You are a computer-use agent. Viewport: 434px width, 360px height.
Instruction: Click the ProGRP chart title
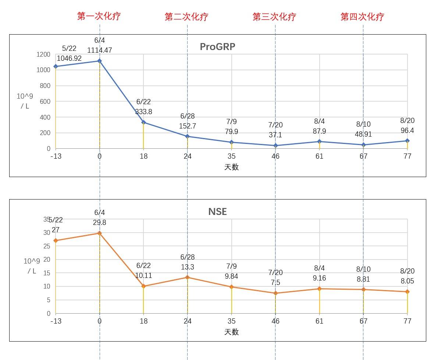coord(217,47)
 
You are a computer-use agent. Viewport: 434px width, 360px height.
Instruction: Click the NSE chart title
coord(217,212)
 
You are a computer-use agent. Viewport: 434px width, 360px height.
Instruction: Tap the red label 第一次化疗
coord(99,16)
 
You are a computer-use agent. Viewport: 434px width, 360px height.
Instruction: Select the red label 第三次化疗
coord(274,17)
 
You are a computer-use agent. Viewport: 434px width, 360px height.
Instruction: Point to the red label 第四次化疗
coord(362,17)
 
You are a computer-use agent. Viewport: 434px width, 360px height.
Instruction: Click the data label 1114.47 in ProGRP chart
coord(99,50)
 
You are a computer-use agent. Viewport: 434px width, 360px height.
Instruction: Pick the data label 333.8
coord(143,112)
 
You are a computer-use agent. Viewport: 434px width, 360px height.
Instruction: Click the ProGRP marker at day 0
coord(99,61)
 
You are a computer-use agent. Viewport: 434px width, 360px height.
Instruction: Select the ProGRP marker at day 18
coord(143,122)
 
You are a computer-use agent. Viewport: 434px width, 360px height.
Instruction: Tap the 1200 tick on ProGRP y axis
coord(43,54)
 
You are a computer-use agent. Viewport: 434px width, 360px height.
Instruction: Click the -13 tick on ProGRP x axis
coord(56,156)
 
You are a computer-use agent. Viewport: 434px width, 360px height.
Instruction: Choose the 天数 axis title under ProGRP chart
coord(231,167)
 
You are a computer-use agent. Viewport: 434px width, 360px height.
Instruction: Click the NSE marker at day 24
coord(187,277)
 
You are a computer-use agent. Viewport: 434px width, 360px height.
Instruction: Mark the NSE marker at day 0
coord(99,233)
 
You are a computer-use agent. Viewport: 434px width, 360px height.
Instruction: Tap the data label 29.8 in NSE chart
coord(99,223)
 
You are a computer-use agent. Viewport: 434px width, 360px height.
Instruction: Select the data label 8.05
coord(407,281)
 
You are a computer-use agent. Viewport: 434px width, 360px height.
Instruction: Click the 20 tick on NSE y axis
coord(47,260)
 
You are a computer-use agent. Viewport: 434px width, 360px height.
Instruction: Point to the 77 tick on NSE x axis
coord(407,321)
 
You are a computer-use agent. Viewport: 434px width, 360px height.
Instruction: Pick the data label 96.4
coord(407,131)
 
